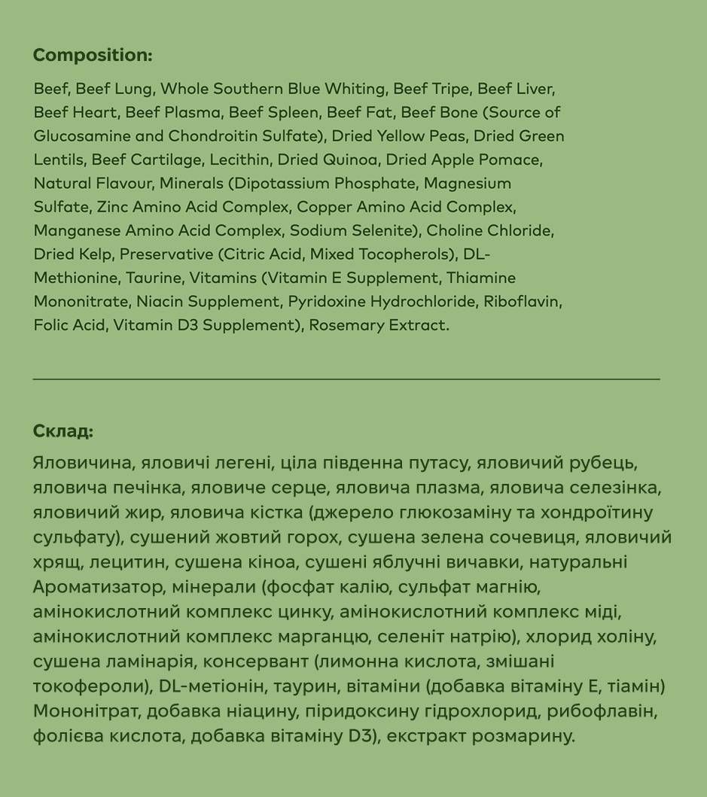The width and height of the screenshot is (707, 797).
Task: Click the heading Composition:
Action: pos(93,56)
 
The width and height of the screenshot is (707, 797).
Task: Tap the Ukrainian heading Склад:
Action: pos(63,432)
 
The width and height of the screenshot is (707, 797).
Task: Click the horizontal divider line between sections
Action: pos(346,379)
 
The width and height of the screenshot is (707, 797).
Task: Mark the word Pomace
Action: pos(511,160)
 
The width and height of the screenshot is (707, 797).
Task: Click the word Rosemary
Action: pos(346,326)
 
